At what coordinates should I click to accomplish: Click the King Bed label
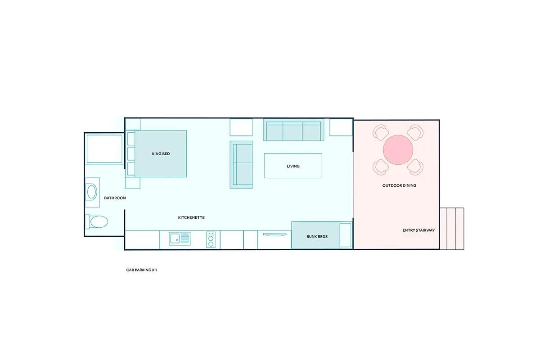161,153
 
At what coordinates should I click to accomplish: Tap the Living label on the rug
293,166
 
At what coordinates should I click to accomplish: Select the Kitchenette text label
191,217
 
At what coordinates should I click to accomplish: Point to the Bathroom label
115,198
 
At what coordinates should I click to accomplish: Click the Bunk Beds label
317,237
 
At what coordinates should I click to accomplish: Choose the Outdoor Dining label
399,185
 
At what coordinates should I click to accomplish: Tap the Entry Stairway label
418,230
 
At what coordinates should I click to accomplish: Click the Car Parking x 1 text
141,270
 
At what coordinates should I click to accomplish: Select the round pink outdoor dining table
398,150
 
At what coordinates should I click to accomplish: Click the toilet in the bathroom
97,221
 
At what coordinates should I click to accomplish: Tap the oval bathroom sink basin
92,192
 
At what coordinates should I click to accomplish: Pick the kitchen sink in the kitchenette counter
180,238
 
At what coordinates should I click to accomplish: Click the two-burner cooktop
211,240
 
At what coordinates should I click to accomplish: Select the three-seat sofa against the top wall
293,130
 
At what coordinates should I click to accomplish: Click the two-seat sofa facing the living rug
241,165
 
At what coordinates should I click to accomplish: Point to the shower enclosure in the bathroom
104,149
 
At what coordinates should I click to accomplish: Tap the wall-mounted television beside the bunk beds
274,234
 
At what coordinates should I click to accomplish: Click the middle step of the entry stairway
451,229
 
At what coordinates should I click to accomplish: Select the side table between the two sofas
241,127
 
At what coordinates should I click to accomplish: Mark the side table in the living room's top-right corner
341,127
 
